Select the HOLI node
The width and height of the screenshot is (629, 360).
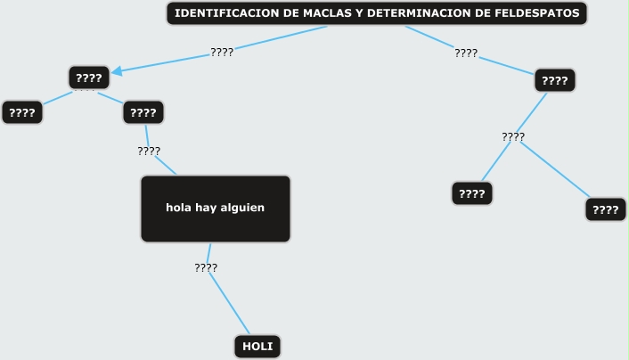click(257, 347)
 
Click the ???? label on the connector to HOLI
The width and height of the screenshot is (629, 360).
click(206, 267)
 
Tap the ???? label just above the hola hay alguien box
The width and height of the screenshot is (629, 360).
click(149, 151)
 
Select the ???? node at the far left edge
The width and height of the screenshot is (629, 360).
click(22, 112)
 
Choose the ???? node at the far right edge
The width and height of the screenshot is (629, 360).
click(606, 210)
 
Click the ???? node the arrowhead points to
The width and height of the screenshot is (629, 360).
click(89, 78)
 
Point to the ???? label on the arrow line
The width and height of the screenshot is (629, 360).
click(222, 52)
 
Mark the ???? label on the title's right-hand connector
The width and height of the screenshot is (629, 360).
click(466, 53)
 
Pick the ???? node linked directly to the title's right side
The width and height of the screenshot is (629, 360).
click(555, 81)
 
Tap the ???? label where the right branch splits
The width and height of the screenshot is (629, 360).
click(513, 136)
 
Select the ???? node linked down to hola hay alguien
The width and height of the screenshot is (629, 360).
click(143, 112)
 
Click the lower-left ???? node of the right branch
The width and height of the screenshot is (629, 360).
click(472, 193)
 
